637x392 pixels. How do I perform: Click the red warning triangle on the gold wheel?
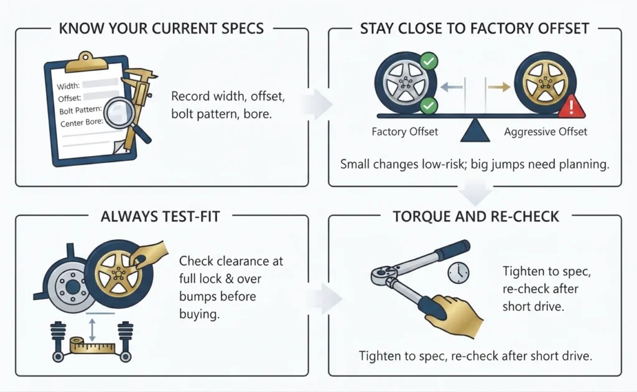[571, 106]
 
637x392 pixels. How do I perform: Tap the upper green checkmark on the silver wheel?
[428, 62]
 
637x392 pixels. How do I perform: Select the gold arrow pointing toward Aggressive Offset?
[499, 87]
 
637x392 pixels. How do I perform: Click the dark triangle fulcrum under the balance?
[475, 130]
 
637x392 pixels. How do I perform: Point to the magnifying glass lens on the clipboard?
[119, 114]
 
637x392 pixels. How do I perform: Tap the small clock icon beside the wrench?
[458, 273]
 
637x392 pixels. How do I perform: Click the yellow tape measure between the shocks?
[92, 346]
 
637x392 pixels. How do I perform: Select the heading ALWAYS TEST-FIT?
[160, 216]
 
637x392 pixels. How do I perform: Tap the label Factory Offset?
[404, 132]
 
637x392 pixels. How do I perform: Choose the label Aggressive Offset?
[546, 132]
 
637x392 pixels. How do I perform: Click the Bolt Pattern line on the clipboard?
[80, 110]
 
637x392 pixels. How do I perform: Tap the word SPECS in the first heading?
[243, 29]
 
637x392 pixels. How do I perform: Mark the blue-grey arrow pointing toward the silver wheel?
[452, 87]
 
